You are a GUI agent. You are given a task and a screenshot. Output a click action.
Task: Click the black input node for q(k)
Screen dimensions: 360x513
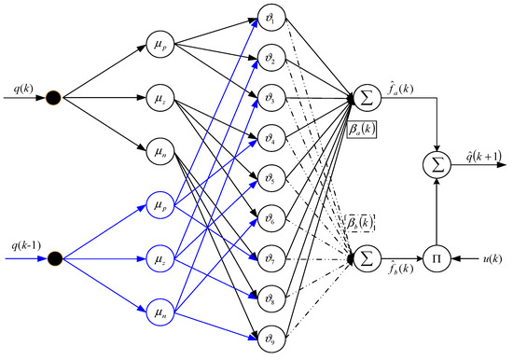(55, 96)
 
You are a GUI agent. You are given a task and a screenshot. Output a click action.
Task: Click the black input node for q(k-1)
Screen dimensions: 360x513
(55, 256)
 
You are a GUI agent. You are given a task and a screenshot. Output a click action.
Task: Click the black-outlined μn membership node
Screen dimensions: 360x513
(157, 149)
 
